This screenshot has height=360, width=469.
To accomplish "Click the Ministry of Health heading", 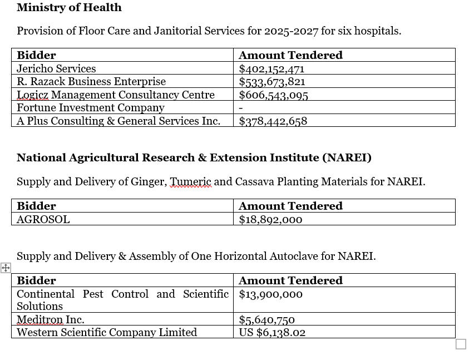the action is click(x=69, y=7).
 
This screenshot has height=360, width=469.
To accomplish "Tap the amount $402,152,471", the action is click(x=271, y=69).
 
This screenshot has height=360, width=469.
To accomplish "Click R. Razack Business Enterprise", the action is click(x=91, y=81).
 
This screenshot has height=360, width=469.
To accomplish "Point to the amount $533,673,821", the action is click(x=272, y=82).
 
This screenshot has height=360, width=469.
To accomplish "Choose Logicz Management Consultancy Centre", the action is click(x=116, y=95).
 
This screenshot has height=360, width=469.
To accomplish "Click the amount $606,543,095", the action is click(x=273, y=95).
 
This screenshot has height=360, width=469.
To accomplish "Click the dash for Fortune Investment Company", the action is click(x=241, y=108).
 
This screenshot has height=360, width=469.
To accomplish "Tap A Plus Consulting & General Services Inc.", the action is click(x=119, y=121).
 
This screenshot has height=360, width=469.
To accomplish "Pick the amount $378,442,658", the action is click(x=273, y=121).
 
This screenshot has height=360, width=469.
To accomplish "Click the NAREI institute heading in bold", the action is click(x=194, y=157).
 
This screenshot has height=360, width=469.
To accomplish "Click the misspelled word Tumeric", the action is click(x=190, y=181).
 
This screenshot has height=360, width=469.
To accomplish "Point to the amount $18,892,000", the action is click(x=270, y=220).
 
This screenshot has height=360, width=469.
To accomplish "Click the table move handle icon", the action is click(x=6, y=268).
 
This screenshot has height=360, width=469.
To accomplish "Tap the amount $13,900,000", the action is click(x=271, y=294).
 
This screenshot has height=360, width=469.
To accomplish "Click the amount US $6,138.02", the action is click(x=272, y=333).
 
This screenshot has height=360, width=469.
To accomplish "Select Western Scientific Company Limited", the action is click(x=107, y=333).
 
